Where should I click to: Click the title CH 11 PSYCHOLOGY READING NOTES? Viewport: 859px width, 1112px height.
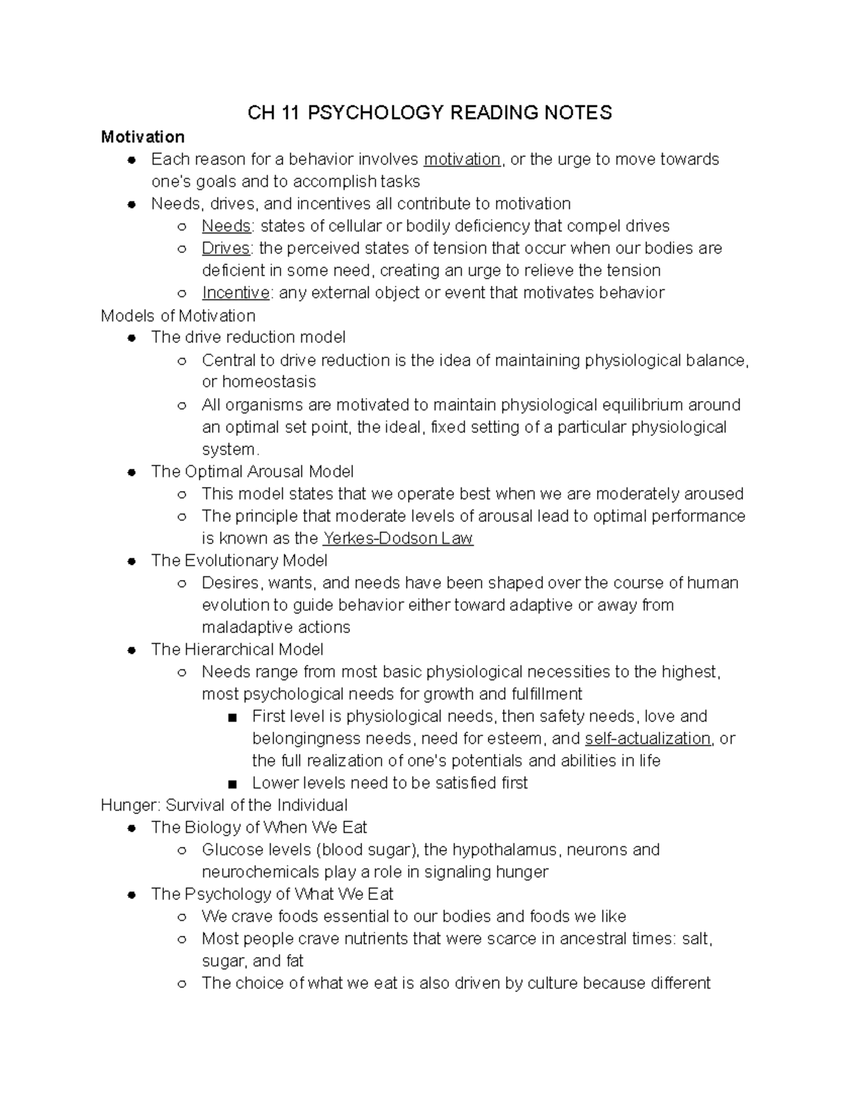(x=429, y=112)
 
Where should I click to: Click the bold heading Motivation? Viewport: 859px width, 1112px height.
(x=142, y=137)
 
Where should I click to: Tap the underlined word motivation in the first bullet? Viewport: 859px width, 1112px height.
(x=462, y=159)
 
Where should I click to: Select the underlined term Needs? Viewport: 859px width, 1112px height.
(x=226, y=226)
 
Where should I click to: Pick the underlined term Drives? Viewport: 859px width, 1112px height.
(x=225, y=248)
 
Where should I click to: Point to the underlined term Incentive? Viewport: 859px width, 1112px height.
(x=236, y=293)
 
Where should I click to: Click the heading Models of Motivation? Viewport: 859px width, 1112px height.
(x=178, y=316)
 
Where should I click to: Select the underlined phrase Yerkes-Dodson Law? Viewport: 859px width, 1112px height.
(x=398, y=538)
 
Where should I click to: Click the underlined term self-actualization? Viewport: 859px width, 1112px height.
(x=647, y=738)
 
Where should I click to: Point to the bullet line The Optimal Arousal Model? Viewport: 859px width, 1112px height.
(x=252, y=472)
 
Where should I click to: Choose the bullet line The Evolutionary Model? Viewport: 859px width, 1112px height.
(x=239, y=561)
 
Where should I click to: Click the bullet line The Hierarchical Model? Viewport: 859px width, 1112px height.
(x=237, y=649)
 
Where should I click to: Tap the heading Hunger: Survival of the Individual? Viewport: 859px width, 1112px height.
(x=224, y=805)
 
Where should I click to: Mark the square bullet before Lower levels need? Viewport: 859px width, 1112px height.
(x=231, y=783)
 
